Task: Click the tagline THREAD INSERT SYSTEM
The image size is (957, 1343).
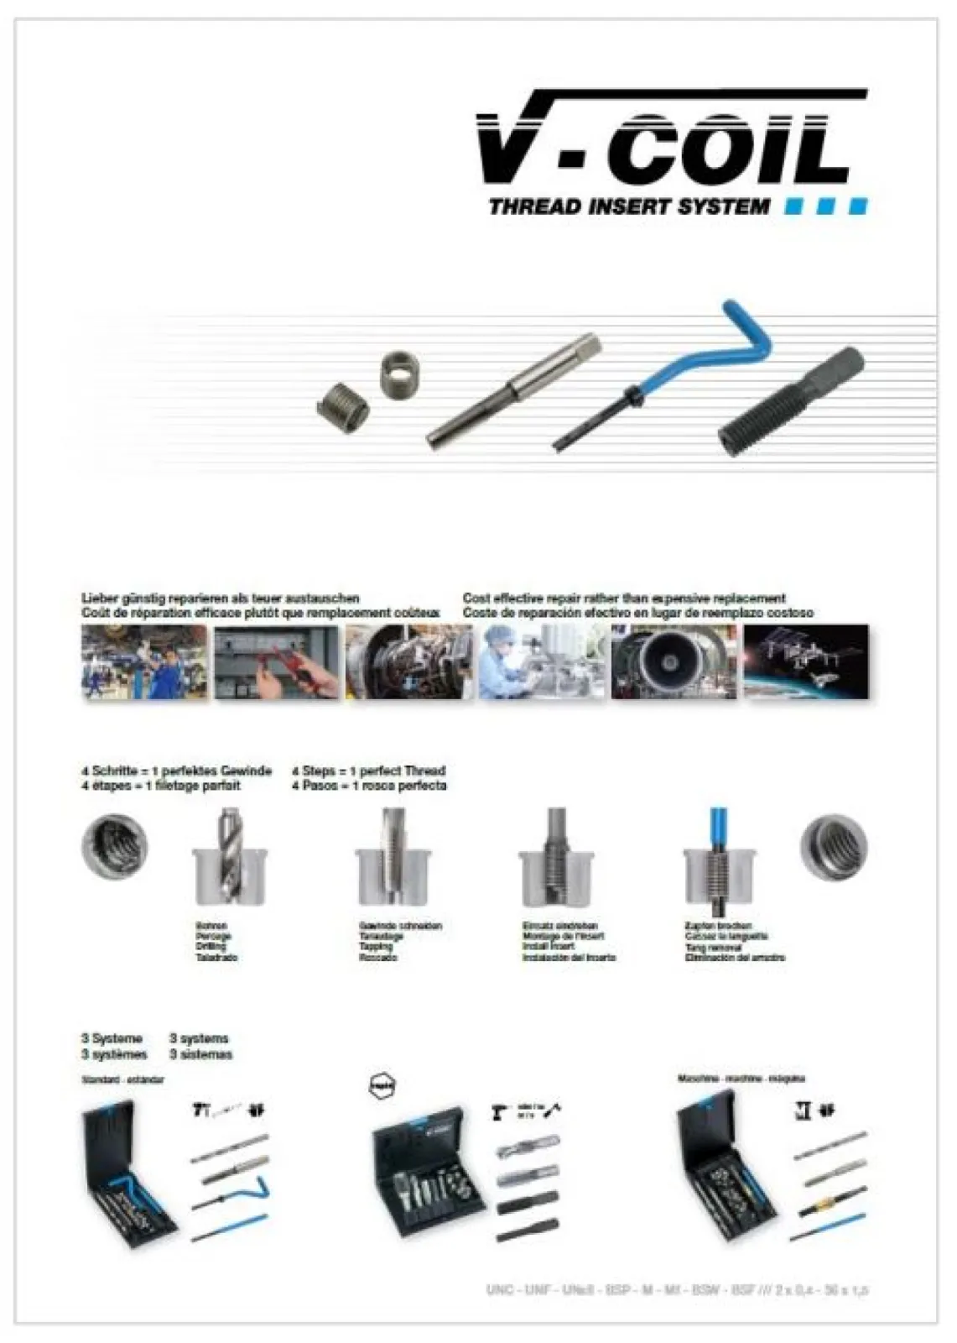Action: (629, 206)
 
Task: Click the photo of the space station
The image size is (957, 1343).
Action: (806, 662)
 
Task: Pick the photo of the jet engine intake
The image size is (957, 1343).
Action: (674, 662)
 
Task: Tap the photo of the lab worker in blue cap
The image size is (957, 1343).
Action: (541, 662)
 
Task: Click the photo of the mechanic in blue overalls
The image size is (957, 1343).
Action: (144, 662)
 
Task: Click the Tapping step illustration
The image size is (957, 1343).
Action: (392, 860)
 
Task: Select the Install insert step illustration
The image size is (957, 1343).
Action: (556, 860)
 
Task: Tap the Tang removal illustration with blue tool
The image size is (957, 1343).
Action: (719, 860)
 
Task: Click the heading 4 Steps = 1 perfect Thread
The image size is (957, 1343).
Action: (368, 771)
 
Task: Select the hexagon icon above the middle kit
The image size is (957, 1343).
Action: (382, 1086)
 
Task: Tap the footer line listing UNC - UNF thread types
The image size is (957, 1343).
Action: (676, 1289)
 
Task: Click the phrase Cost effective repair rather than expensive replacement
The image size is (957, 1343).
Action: (624, 598)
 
